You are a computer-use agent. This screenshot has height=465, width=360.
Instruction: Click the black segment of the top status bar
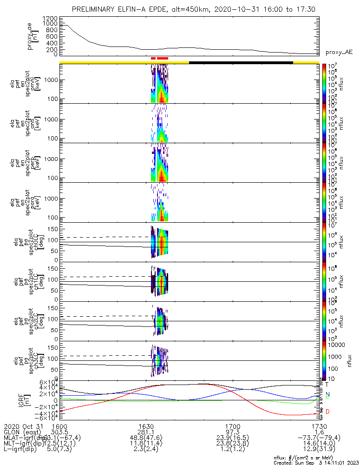[241, 62]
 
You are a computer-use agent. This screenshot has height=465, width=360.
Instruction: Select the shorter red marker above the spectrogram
[153, 59]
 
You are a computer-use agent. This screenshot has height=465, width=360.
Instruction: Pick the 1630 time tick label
[146, 426]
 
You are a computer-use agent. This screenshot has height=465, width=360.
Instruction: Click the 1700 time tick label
[232, 426]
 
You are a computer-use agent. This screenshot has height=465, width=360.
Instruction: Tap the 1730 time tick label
[319, 426]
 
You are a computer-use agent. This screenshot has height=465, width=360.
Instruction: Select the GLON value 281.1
[146, 432]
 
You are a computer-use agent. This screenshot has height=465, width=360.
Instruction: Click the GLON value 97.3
[232, 432]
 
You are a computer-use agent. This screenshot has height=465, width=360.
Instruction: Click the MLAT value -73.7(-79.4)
[319, 438]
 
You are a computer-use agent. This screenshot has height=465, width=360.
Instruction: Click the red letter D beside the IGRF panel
[327, 412]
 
